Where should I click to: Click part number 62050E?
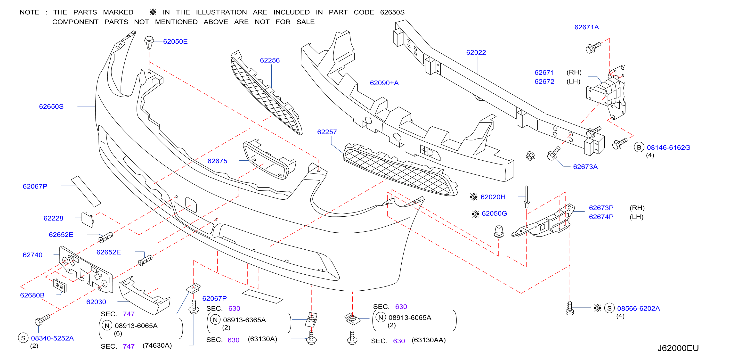[175, 41]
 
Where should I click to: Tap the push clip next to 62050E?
[149, 42]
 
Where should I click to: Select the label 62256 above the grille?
[269, 60]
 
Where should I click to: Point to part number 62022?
[476, 52]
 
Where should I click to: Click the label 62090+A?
[384, 83]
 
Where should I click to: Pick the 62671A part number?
[586, 27]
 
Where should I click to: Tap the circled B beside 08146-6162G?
[639, 147]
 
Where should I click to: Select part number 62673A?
[585, 167]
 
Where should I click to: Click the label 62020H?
[493, 197]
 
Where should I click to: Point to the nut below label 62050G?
[499, 231]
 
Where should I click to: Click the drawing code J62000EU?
[678, 348]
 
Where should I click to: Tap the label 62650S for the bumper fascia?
[51, 106]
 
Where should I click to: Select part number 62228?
[53, 218]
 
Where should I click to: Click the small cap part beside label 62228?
[88, 220]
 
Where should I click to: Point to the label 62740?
[32, 255]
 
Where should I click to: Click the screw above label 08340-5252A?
[42, 320]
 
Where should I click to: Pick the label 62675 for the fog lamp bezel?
[217, 161]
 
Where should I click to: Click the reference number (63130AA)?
[429, 340]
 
